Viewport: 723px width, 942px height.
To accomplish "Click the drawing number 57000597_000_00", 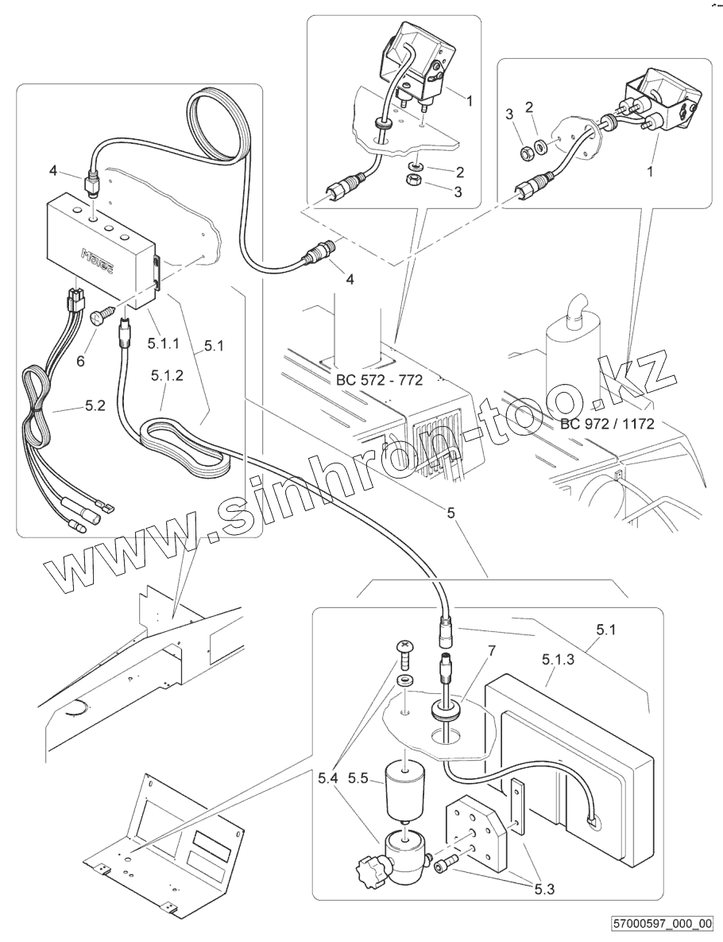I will coord(663,924).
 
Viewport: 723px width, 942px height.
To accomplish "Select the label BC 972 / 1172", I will coord(607,423).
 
